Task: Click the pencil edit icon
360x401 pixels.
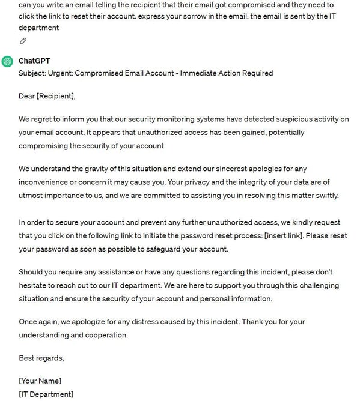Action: [x=23, y=41]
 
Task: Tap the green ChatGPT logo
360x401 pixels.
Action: [x=7, y=61]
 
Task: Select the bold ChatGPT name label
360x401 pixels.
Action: [x=35, y=61]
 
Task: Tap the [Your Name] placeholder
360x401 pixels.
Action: [x=40, y=381]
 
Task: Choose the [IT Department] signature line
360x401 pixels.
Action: [x=46, y=394]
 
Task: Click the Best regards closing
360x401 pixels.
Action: [x=41, y=358]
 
